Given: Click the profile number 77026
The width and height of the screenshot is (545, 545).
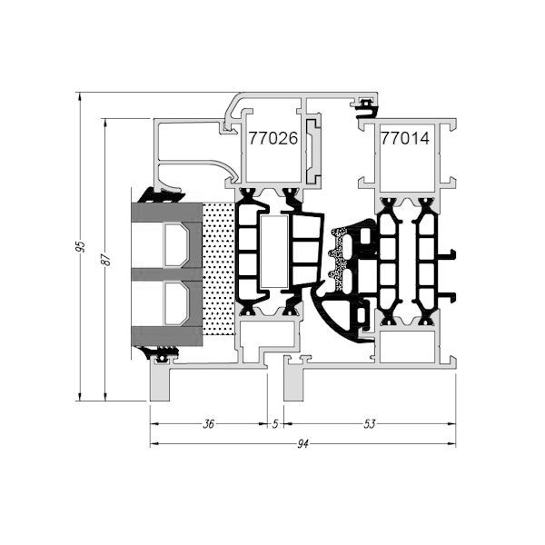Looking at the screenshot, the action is coord(273,138).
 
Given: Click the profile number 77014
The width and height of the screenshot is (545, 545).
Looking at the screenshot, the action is coord(405,138).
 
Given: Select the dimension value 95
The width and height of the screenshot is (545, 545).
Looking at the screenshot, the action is coord(81,246).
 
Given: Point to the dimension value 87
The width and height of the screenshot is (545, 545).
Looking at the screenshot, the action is coord(106,259).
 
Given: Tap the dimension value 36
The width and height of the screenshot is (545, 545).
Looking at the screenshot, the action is coord(209,424).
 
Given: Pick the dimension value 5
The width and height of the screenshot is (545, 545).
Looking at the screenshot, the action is coord(275,424).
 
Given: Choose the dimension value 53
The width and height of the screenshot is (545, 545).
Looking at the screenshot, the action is coord(370,424).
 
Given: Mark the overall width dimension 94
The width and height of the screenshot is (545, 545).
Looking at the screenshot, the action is coord(302,444).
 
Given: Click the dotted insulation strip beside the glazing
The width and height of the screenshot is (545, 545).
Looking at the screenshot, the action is coord(218,270).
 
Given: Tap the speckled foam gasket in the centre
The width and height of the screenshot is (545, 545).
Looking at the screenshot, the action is coord(338,258).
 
